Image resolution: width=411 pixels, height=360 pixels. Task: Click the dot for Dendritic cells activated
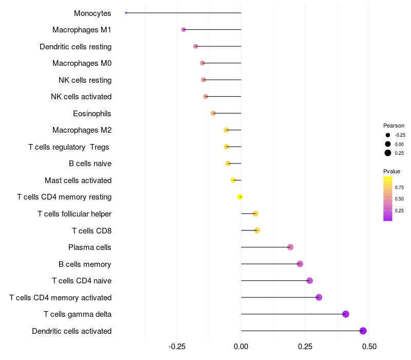pos(363,331)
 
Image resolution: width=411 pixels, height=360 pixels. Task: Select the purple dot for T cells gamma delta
pos(346,314)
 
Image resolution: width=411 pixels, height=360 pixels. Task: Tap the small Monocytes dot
pos(126,13)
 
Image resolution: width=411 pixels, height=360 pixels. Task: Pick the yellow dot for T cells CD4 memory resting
pos(240,197)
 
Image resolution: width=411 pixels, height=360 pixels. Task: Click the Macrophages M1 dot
pos(183,30)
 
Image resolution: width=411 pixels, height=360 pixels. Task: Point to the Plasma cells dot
pos(290,247)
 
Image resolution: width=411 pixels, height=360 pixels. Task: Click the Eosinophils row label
pos(92,113)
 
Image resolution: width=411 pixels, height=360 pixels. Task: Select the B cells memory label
pos(85,264)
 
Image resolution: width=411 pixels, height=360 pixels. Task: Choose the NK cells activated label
pos(81,97)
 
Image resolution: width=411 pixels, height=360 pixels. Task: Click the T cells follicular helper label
pos(74,213)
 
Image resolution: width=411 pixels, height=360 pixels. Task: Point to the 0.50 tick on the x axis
pos(369,347)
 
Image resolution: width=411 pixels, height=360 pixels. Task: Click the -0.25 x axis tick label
pos(177,347)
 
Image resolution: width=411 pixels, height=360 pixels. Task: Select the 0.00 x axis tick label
pos(241,347)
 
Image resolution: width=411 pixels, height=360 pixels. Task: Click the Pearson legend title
pos(394,125)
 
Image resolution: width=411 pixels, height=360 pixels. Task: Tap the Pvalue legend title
pos(391,171)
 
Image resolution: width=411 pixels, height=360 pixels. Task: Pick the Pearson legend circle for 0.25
pos(387,153)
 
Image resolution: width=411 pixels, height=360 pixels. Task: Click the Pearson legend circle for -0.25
pos(387,135)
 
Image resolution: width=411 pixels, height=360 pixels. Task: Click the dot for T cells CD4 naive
pos(310,281)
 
